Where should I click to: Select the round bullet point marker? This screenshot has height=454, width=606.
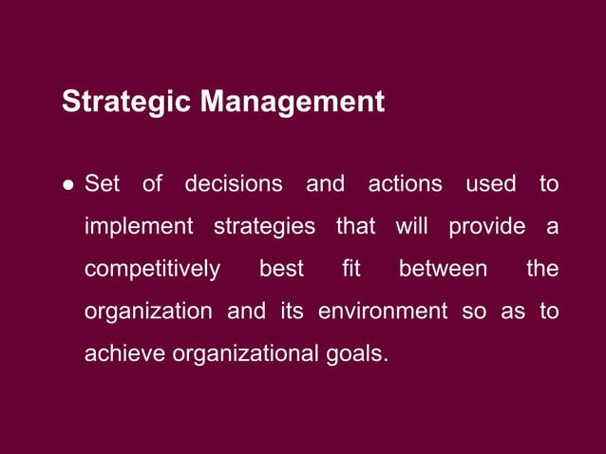click(68, 184)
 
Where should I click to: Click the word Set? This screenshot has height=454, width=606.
click(102, 183)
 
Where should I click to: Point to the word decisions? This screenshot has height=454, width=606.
click(234, 183)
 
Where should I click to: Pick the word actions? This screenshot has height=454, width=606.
click(404, 183)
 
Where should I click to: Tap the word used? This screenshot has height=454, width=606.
click(490, 183)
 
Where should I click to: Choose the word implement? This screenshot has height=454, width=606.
click(138, 227)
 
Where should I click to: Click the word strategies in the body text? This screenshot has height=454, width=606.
click(264, 227)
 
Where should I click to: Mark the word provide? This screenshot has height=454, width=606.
click(486, 227)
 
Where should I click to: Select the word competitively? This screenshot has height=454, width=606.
click(152, 270)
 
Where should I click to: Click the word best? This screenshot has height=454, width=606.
click(281, 270)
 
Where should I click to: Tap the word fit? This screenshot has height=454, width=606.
click(351, 270)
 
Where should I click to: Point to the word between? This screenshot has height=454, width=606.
click(443, 270)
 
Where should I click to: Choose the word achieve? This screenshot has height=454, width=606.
click(121, 355)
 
